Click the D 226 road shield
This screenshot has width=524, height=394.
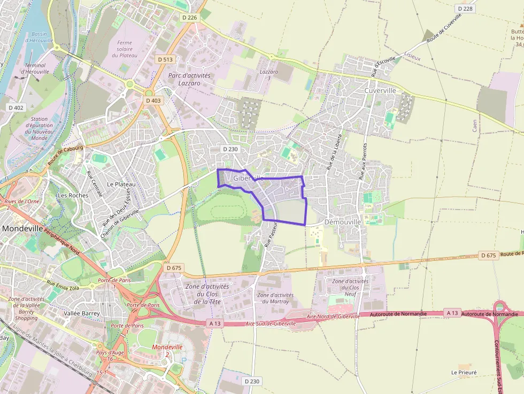coord(189,18)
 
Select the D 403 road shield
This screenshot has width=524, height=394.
coord(153,100)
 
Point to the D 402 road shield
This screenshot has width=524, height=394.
coord(16,107)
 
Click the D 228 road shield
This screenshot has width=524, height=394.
coord(466,9)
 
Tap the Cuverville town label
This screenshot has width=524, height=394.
coord(380,90)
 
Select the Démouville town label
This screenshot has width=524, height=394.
coord(343,221)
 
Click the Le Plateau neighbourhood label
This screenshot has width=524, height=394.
coord(121,184)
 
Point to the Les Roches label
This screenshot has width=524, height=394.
coord(73,195)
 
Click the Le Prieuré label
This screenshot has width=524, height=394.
coord(464,372)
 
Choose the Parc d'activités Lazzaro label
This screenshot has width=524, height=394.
coord(189,80)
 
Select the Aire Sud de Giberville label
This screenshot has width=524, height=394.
coord(270,323)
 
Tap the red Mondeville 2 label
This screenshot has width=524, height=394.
coord(167,351)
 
